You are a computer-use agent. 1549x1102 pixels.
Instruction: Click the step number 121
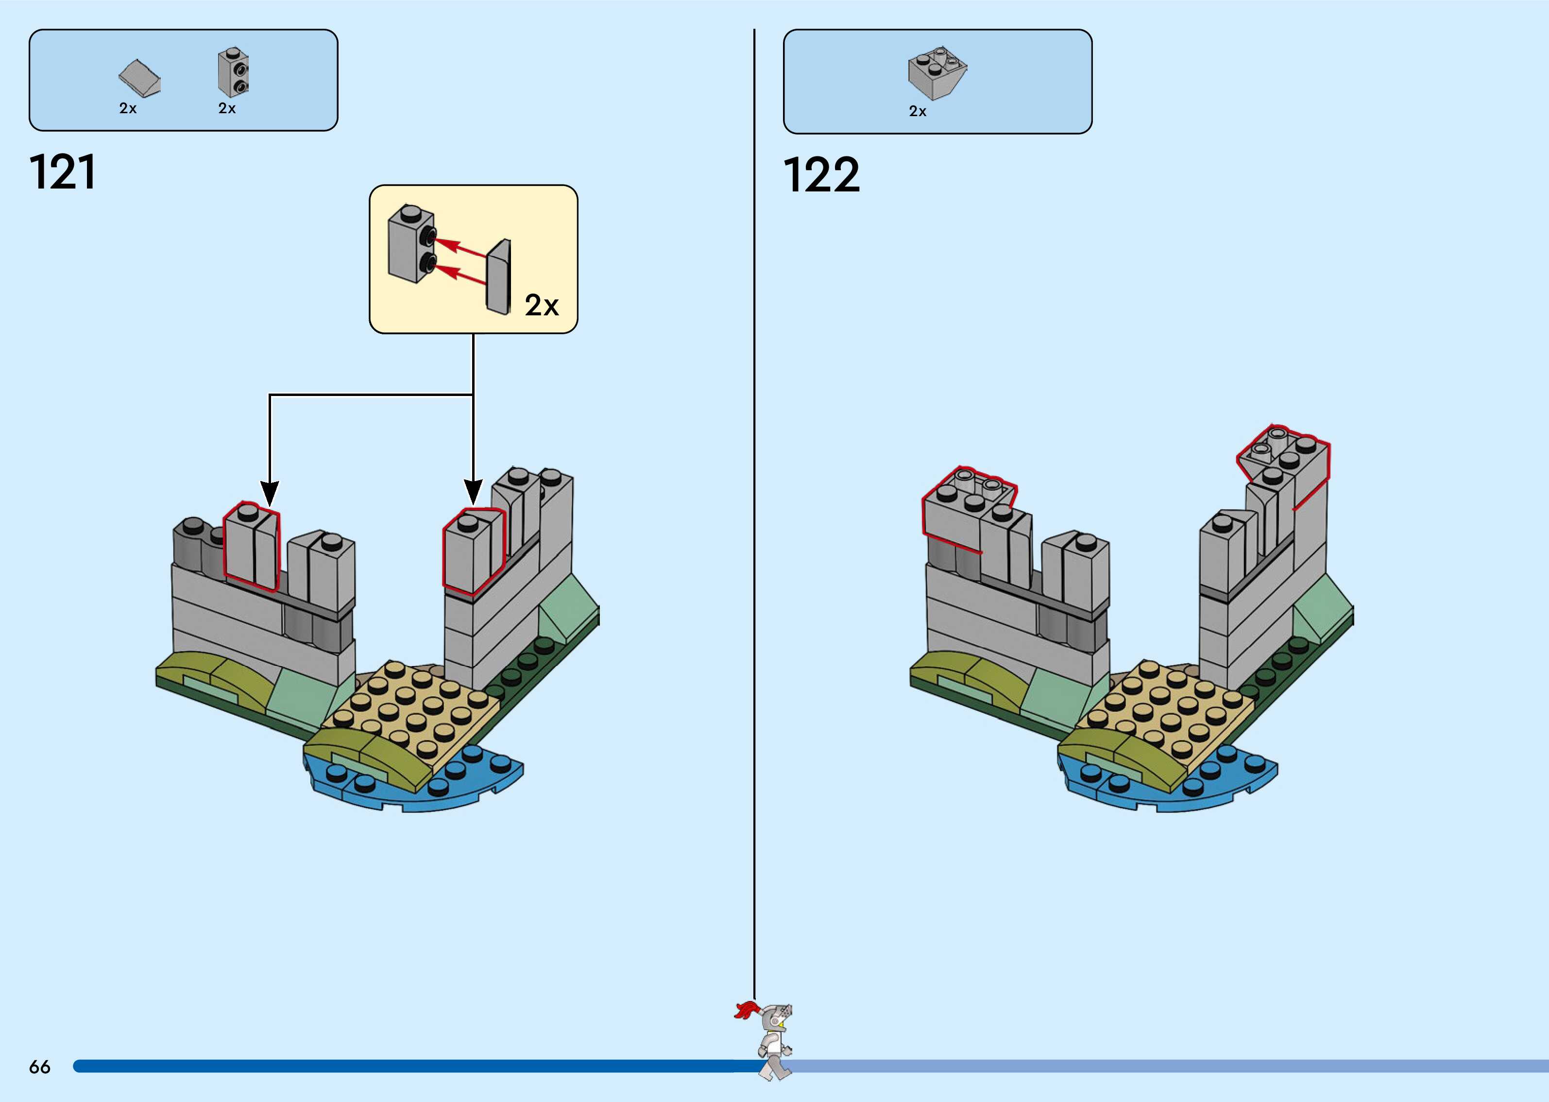click(62, 172)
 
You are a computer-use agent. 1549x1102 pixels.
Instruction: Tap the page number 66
click(39, 1067)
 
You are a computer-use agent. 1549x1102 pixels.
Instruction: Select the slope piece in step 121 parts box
click(140, 79)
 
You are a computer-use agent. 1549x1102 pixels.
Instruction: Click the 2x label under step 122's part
click(917, 111)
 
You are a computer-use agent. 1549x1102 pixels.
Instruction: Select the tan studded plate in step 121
click(414, 706)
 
